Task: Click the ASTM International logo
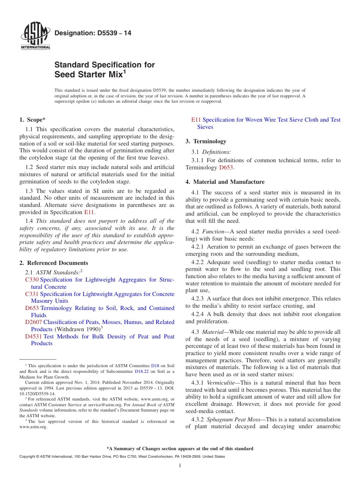tap(35, 37)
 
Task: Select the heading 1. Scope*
tap(33, 120)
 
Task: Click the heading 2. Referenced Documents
tap(54, 263)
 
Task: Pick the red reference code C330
tap(32, 280)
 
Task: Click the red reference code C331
tap(32, 294)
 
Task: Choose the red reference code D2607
tap(34, 322)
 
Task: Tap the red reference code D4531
tap(34, 336)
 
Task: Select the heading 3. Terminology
tap(206, 141)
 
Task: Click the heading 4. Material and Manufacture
tap(225, 182)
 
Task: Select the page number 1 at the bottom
tap(180, 466)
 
